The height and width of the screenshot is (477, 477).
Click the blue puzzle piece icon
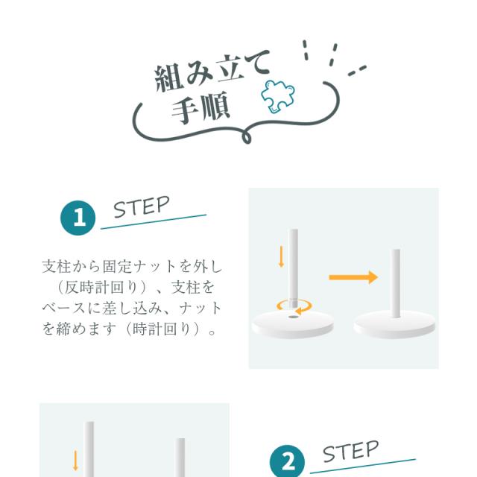pyautogui.click(x=278, y=96)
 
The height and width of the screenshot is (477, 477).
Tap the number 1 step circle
pyautogui.click(x=78, y=218)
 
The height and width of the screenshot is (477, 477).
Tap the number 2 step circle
pyautogui.click(x=287, y=461)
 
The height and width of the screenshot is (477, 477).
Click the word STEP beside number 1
pyautogui.click(x=142, y=207)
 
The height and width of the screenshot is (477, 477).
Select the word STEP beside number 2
pyautogui.click(x=351, y=452)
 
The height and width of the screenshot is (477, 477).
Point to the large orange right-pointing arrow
pyautogui.click(x=353, y=277)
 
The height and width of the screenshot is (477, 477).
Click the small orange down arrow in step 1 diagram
pyautogui.click(x=282, y=256)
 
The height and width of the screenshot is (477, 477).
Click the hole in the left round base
pyautogui.click(x=293, y=317)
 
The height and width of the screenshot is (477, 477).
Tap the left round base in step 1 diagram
pyautogui.click(x=293, y=325)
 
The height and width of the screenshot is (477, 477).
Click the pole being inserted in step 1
pyautogui.click(x=294, y=268)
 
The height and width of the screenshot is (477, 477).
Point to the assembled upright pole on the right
pyautogui.click(x=396, y=283)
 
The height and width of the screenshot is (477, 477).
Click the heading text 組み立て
pyautogui.click(x=212, y=72)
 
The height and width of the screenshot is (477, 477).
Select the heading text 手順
pyautogui.click(x=200, y=108)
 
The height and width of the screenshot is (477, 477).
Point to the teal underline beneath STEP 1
pyautogui.click(x=154, y=222)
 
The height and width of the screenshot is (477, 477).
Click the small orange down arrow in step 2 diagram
pyautogui.click(x=75, y=461)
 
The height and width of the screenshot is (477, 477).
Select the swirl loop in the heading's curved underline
pyautogui.click(x=247, y=136)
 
